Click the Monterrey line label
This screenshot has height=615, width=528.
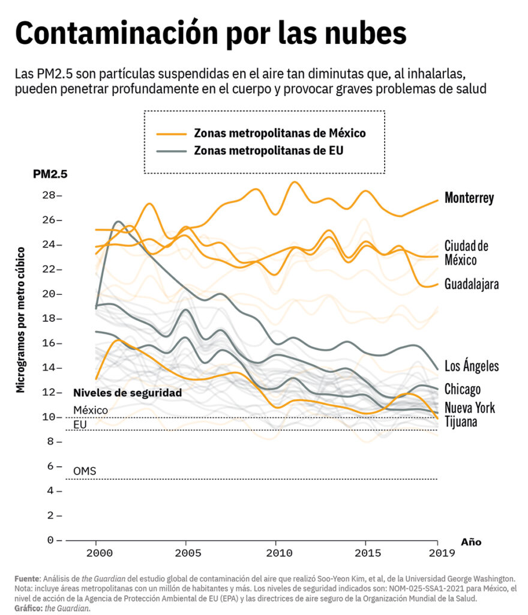(x=469, y=198)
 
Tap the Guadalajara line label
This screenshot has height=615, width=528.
(x=471, y=284)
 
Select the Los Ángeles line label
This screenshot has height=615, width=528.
(x=471, y=366)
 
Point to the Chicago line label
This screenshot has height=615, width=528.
(x=462, y=389)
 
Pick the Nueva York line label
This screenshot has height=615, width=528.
(x=469, y=408)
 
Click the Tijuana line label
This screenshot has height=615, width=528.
(x=461, y=422)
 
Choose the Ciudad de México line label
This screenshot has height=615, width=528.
(x=466, y=253)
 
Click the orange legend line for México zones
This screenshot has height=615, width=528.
(x=170, y=133)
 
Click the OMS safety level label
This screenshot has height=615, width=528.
(x=85, y=471)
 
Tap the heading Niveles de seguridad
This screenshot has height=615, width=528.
(x=127, y=393)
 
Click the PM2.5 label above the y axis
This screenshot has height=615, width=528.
(x=50, y=175)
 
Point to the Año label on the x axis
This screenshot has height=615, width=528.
(x=471, y=542)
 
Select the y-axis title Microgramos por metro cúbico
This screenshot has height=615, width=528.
(x=21, y=319)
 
